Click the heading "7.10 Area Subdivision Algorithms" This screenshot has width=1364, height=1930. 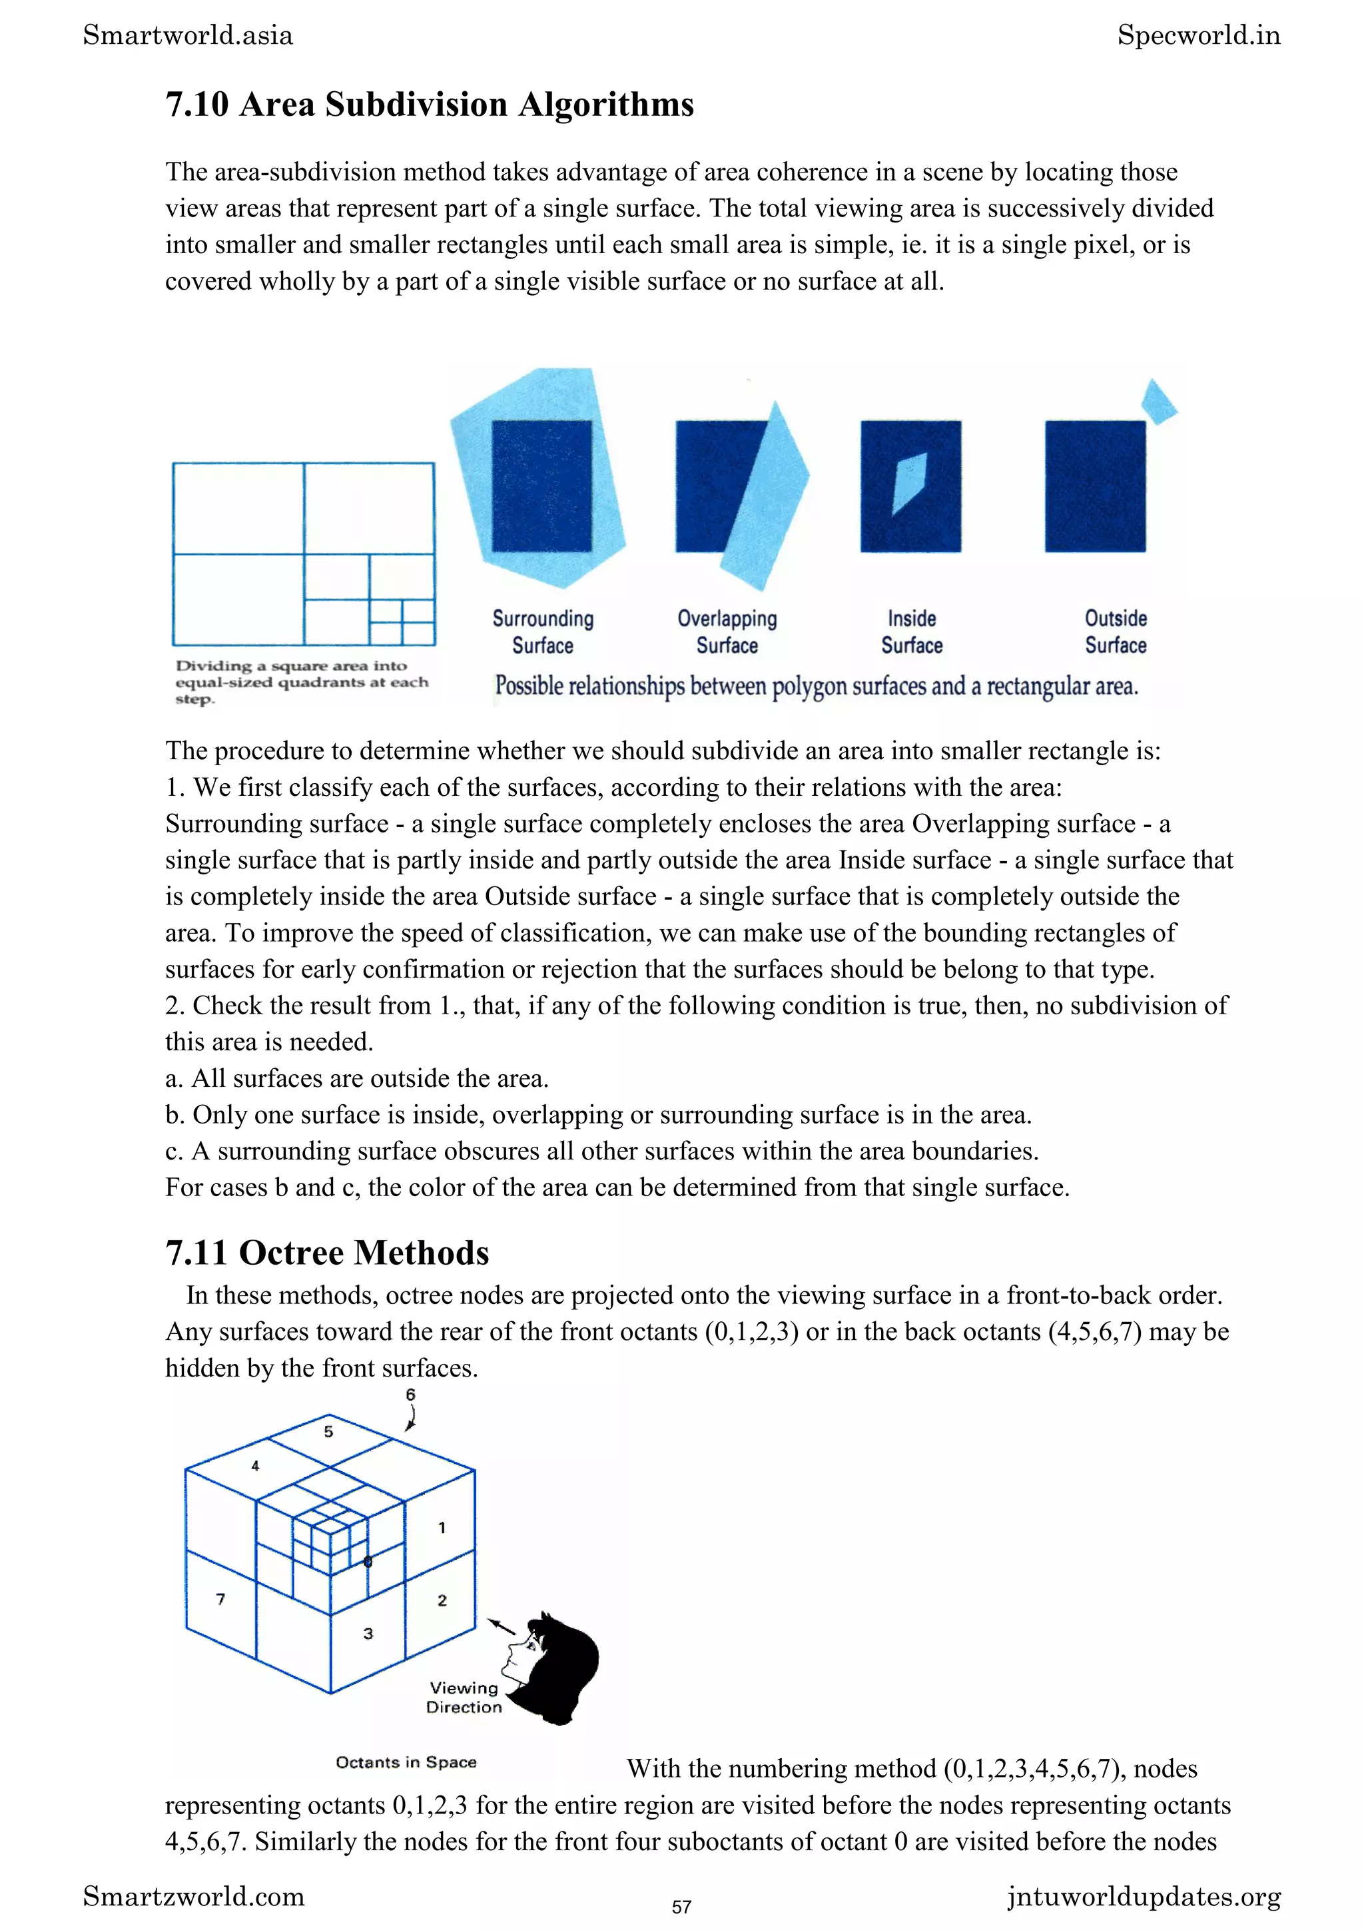click(x=430, y=105)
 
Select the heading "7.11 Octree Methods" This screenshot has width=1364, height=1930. click(x=327, y=1253)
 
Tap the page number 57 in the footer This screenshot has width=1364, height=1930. click(x=681, y=1907)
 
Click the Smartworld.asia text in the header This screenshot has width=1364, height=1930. click(x=188, y=35)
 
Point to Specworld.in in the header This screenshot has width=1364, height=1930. click(x=1198, y=35)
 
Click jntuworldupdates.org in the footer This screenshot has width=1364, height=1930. click(x=1144, y=1897)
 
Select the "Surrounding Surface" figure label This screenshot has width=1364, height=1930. click(x=543, y=632)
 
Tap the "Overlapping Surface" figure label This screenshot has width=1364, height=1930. click(x=727, y=632)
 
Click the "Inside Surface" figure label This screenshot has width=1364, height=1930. click(x=912, y=632)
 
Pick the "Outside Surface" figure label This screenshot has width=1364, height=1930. click(x=1115, y=632)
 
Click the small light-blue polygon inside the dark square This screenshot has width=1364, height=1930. click(x=908, y=482)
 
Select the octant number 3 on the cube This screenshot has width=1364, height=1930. click(x=368, y=1633)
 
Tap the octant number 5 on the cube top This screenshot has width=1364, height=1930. click(x=328, y=1432)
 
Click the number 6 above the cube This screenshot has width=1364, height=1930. click(x=410, y=1395)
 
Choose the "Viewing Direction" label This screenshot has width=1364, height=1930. click(x=464, y=1697)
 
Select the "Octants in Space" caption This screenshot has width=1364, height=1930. click(x=406, y=1762)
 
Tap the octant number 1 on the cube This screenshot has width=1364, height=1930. click(x=442, y=1527)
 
